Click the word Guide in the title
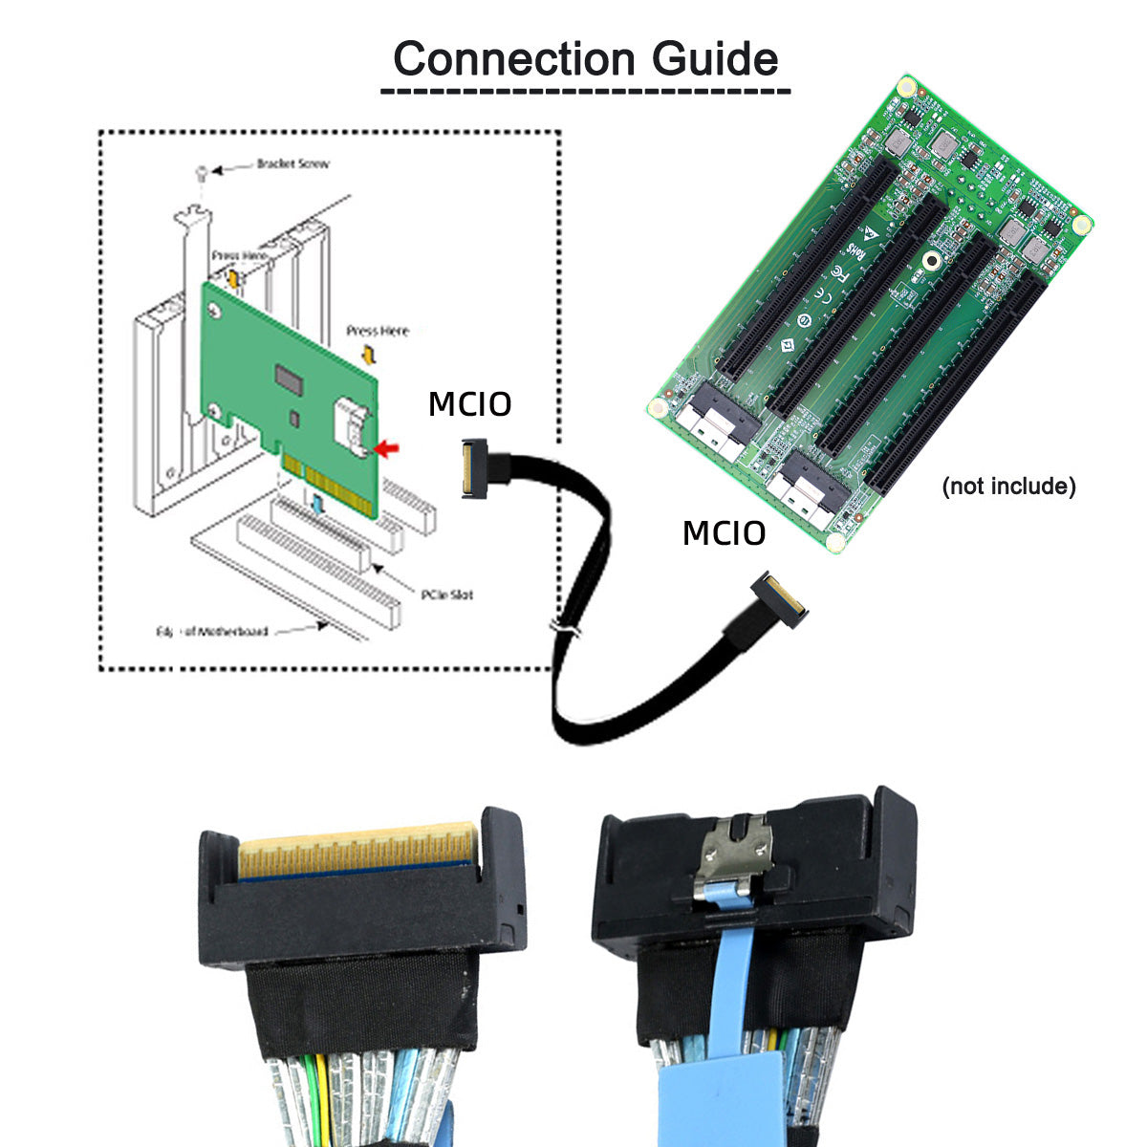(715, 58)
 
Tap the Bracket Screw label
(292, 163)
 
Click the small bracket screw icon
(201, 172)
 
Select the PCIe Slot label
(447, 595)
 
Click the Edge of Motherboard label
(212, 631)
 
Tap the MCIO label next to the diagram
(469, 403)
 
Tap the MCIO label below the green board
(724, 533)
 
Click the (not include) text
(1008, 487)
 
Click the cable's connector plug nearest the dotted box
(475, 467)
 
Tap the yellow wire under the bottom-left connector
(323, 1090)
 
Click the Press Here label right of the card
(378, 331)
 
